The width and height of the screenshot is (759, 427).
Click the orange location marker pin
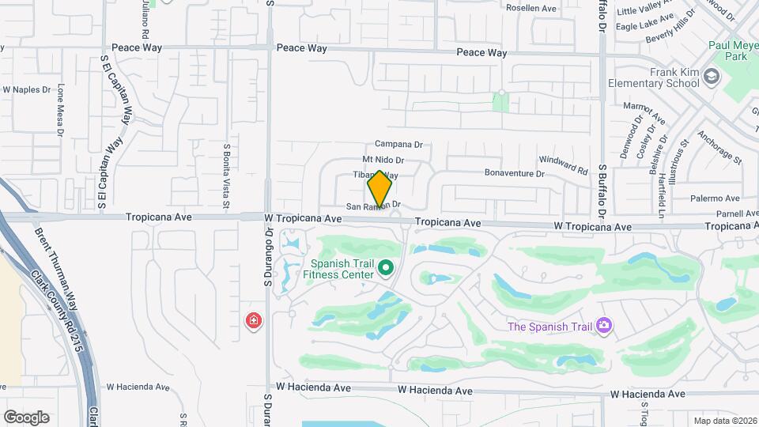[380, 189]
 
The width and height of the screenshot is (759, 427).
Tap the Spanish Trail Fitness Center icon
[387, 268]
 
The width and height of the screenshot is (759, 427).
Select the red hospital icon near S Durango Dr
[254, 321]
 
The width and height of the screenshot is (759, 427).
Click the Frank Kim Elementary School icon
[712, 77]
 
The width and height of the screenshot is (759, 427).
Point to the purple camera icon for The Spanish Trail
[604, 325]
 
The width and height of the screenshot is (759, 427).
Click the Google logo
[27, 417]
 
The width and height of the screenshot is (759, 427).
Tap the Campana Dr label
[399, 144]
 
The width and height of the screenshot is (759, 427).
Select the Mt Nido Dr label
[383, 161]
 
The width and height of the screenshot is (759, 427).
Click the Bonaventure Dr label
[515, 173]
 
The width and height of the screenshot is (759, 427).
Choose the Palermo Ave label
[715, 198]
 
